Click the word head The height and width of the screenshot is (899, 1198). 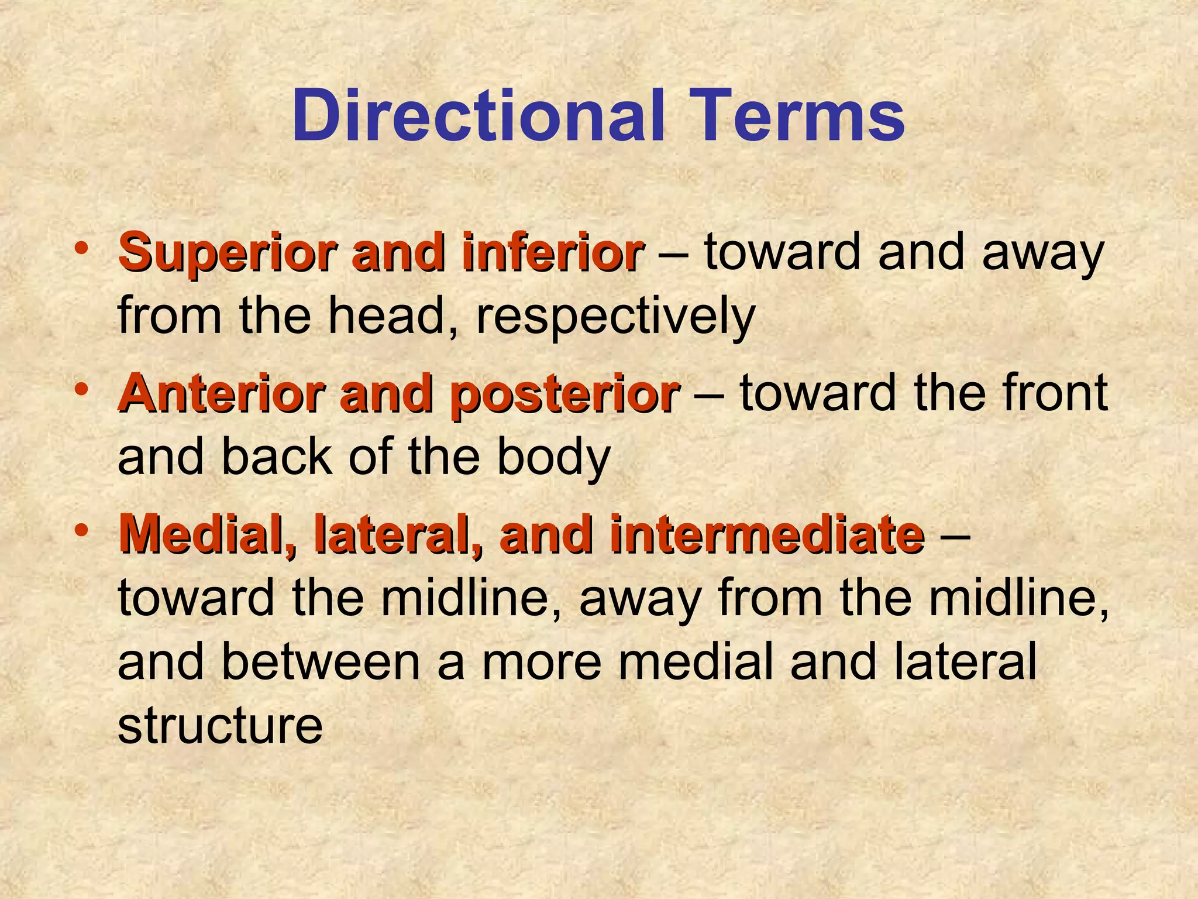(395, 316)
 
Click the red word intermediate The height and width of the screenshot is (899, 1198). (767, 534)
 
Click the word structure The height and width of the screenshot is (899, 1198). (220, 726)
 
